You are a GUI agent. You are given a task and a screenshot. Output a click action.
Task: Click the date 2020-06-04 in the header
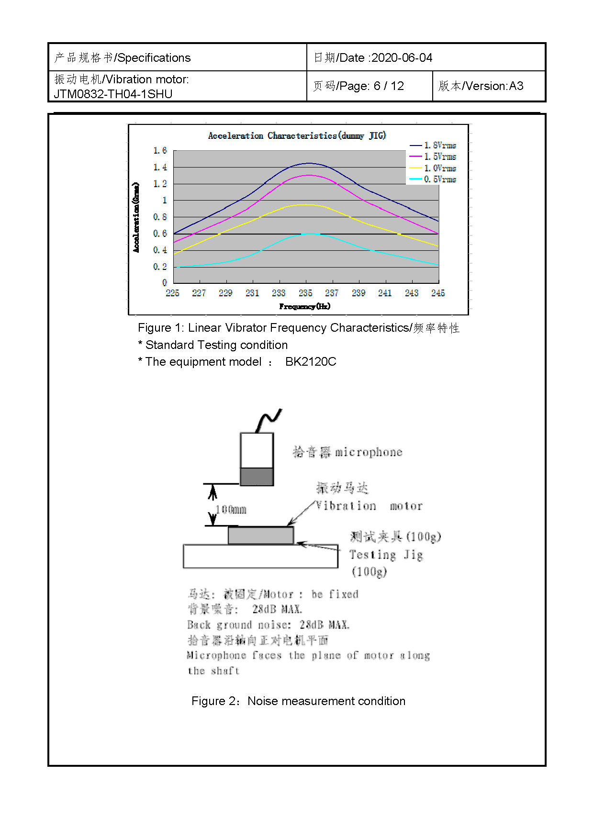[x=402, y=58]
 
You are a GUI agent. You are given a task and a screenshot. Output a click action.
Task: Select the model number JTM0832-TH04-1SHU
[x=113, y=94]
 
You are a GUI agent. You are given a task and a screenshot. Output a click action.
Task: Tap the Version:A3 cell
[x=481, y=86]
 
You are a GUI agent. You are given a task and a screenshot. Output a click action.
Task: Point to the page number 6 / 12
[x=389, y=86]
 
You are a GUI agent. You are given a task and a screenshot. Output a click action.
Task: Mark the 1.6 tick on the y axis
[x=160, y=151]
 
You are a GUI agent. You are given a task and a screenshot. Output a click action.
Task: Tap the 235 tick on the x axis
[x=305, y=293]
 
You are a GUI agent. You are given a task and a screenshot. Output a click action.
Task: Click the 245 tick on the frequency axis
[x=438, y=293]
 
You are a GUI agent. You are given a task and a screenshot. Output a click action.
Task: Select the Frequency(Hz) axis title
[x=305, y=306]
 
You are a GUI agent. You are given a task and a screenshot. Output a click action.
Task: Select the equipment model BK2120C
[x=311, y=362]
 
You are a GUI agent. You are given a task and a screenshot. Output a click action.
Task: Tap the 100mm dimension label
[x=231, y=510]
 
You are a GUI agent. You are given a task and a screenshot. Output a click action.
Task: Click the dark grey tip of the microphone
[x=257, y=477]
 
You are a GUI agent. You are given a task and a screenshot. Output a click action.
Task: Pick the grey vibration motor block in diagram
[x=261, y=536]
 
